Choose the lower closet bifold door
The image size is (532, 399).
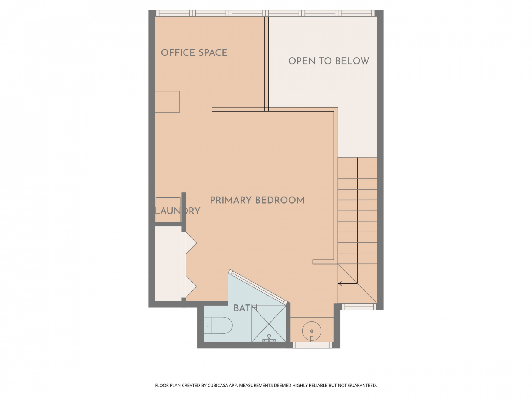click(x=189, y=287)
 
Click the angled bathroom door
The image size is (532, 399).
click(x=258, y=287)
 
